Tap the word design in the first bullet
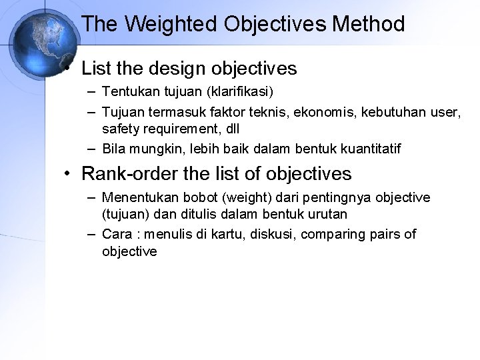click(172, 68)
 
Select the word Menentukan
click(135, 198)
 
